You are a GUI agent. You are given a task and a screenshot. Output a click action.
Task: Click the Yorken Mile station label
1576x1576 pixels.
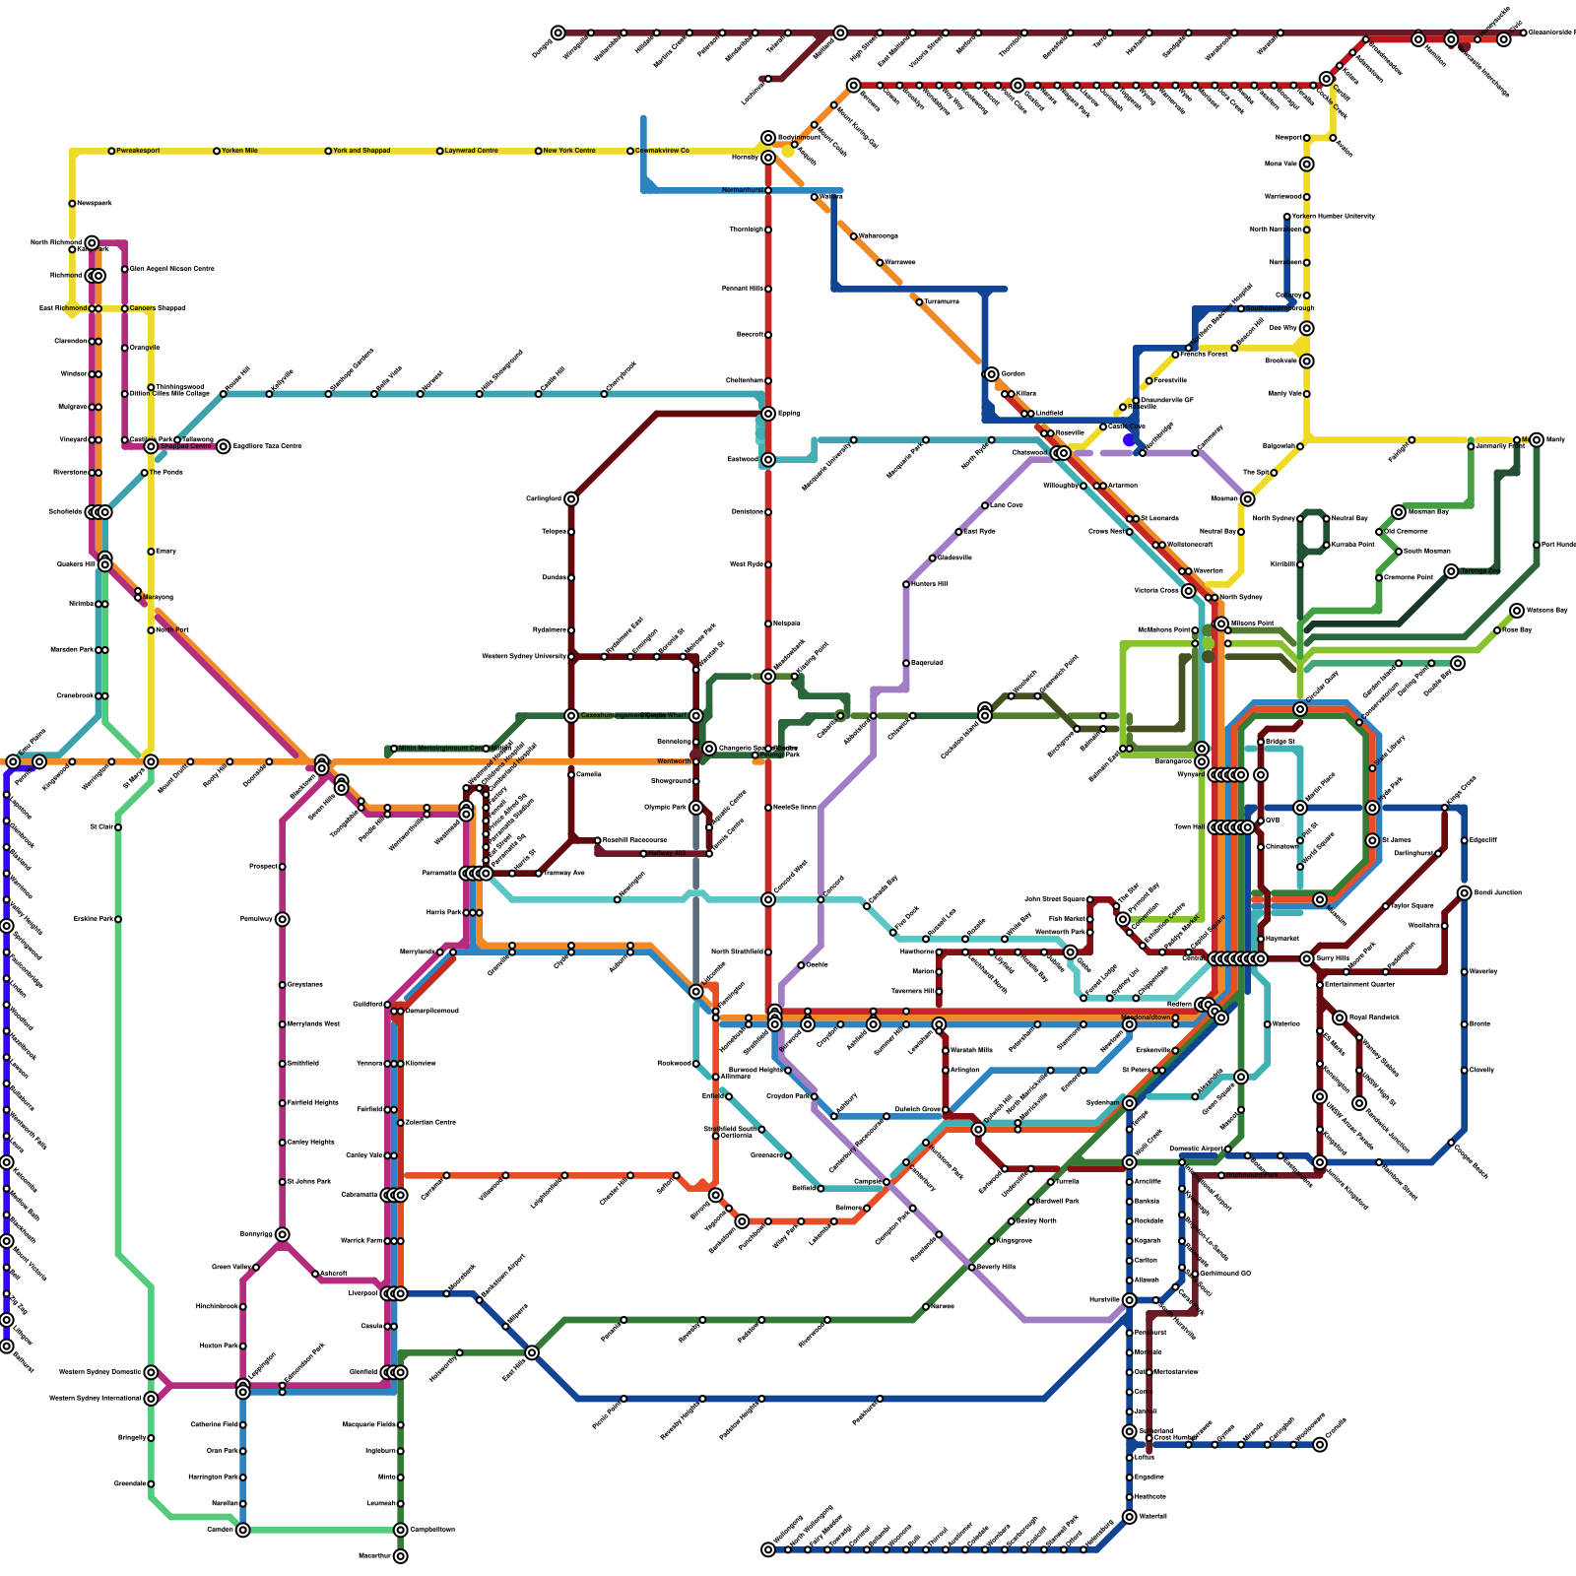tap(239, 151)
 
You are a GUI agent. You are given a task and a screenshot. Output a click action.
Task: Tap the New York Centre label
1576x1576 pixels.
tap(569, 151)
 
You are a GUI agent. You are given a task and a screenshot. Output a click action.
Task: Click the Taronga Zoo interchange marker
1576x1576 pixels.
tap(1451, 571)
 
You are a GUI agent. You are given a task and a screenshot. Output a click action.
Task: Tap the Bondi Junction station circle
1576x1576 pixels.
tap(1465, 893)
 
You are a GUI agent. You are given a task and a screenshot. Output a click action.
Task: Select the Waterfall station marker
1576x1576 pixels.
tap(1130, 1517)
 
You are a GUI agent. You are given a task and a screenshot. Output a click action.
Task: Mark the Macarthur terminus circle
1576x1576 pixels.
tap(401, 1556)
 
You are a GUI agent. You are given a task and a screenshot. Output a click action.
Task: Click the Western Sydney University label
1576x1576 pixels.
tap(524, 656)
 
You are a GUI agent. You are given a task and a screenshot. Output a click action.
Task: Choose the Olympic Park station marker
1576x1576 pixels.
tap(696, 808)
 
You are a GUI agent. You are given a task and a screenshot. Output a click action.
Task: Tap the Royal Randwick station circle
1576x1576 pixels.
tap(1340, 1018)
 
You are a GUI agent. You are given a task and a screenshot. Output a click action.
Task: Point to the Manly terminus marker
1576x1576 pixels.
tap(1537, 439)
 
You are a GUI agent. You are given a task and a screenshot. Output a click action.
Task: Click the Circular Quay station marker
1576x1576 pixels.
tap(1300, 709)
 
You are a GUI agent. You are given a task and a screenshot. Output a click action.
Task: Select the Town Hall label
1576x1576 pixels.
tap(1189, 827)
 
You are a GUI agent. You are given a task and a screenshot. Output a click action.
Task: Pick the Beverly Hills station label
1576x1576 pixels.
tap(996, 1267)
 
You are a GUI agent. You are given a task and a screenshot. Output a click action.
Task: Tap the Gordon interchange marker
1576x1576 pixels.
tap(992, 374)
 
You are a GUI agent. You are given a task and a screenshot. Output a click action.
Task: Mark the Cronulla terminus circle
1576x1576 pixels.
tap(1320, 1445)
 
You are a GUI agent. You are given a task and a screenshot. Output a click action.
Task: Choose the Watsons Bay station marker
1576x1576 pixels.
tap(1517, 611)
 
